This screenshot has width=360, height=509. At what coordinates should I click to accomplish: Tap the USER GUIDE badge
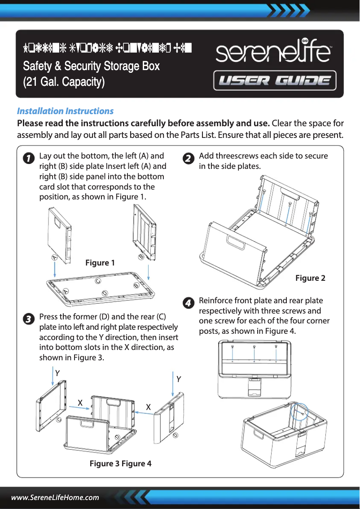[275, 81]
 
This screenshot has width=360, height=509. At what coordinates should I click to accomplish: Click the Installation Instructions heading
[65, 111]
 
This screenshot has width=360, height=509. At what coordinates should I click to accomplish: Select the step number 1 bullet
[28, 159]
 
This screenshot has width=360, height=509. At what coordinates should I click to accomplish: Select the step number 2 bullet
[189, 159]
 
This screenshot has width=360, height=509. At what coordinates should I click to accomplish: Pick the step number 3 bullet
[28, 319]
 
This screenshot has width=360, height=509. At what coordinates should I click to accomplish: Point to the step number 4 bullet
[189, 303]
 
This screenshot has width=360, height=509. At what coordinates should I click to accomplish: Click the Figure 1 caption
[100, 263]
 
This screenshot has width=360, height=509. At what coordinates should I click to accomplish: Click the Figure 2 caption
[310, 278]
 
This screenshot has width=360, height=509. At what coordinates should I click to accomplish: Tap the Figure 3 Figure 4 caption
[120, 463]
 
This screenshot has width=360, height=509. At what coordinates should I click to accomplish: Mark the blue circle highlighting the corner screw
[298, 411]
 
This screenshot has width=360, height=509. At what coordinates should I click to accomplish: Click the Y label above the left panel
[57, 373]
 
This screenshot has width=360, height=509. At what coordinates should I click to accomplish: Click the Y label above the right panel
[179, 379]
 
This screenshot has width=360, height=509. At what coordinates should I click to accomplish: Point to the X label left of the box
[80, 403]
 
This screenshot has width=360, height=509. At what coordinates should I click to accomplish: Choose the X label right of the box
[148, 407]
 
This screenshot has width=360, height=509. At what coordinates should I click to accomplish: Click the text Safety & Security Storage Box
[91, 66]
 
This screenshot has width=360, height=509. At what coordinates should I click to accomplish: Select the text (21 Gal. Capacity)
[64, 83]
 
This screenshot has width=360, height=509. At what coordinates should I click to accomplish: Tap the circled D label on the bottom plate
[104, 293]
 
